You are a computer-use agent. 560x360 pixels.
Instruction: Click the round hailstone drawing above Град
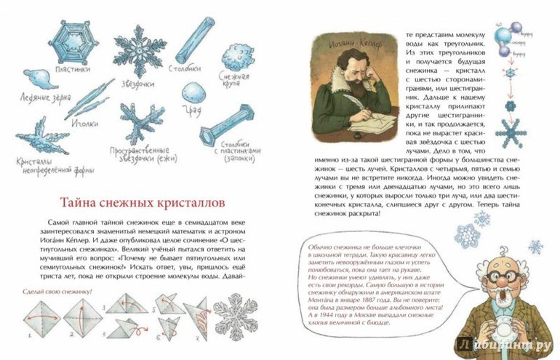tap(193, 91)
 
